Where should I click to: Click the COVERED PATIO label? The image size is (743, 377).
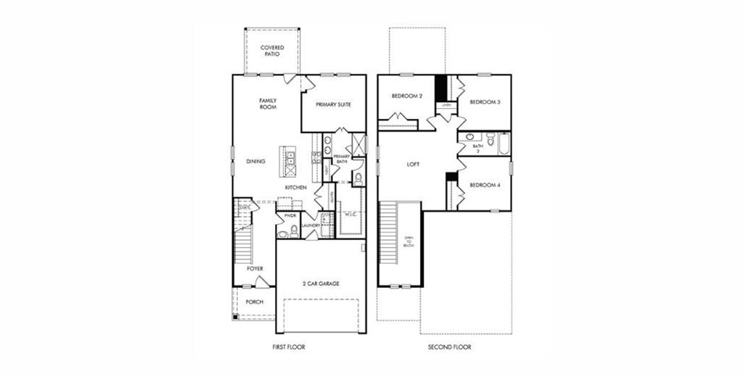pos(272,51)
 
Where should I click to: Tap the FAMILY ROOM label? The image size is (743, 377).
pos(268,104)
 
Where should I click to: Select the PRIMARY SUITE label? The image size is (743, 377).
pos(334,104)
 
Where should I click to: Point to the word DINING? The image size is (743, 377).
pos(255,162)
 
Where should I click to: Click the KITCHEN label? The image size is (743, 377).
pos(295,188)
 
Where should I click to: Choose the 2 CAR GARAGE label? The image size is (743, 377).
pos(321,283)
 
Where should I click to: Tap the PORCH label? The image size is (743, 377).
pos(254,302)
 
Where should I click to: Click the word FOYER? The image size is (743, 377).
pos(255,269)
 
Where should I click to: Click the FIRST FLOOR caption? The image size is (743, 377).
pos(289,347)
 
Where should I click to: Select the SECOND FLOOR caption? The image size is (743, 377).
pos(449,347)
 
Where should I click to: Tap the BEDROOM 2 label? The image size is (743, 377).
pos(407,96)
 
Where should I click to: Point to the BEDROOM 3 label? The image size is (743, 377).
pos(485,102)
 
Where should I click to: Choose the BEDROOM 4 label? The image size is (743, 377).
pos(485,185)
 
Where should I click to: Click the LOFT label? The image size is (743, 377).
pos(413,165)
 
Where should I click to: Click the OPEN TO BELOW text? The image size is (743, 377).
pos(409,241)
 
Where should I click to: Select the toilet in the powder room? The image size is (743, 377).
pos(292,231)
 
